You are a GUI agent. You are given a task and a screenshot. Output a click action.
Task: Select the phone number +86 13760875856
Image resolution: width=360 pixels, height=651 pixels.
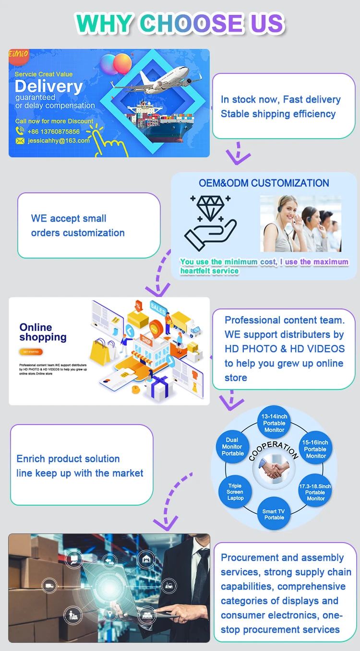coord(54,131)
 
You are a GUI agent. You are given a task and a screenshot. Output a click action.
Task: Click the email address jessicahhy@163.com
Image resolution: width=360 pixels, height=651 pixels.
coord(59,141)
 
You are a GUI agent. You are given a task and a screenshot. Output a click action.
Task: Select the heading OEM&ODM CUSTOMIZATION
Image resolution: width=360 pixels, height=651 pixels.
coord(264,183)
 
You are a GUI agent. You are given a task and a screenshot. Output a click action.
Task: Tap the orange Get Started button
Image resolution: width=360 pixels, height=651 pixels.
coord(31,352)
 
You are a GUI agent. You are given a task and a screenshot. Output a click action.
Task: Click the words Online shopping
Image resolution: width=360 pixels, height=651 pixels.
coord(42,332)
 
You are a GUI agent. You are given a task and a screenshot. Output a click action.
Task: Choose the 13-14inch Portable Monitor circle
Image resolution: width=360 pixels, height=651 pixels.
coord(274,423)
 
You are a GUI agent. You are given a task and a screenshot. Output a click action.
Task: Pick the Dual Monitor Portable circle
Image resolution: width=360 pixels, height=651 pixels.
coord(232,447)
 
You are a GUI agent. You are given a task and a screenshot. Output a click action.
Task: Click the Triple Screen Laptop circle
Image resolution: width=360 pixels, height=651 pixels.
coord(235,492)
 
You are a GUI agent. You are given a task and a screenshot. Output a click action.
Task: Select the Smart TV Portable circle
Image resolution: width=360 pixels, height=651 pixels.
coord(274,514)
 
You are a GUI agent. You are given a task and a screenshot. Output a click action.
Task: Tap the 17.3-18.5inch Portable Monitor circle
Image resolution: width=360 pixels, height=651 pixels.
coord(315,492)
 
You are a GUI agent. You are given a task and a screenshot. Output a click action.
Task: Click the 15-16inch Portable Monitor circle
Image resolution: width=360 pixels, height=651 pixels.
coord(315,449)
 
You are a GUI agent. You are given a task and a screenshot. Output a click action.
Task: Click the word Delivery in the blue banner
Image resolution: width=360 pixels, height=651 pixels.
coord(48,87)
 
